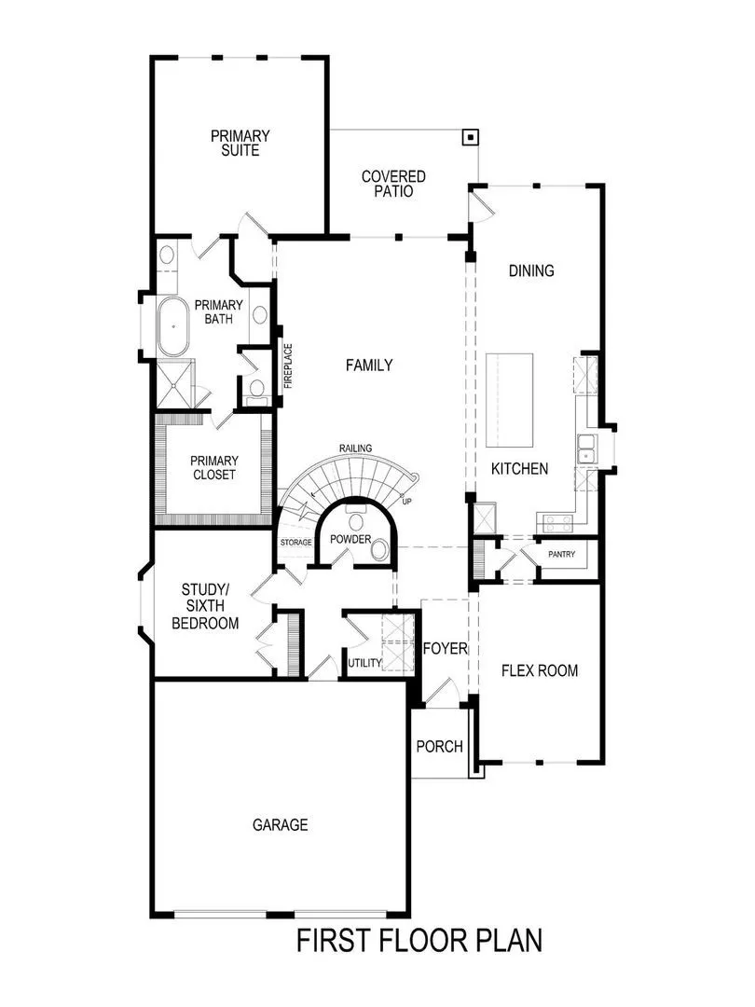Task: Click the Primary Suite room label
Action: coord(240,143)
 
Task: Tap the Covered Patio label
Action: coord(393,184)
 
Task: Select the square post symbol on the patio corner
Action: coord(472,138)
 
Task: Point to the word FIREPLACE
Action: coord(288,366)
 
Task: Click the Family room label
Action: coord(369,366)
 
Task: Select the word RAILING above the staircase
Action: coord(355,448)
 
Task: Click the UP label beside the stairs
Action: coord(406,502)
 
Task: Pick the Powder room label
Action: coord(350,540)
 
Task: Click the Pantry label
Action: coord(561,555)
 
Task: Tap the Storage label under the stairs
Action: coord(295,542)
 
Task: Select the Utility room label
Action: coord(364,663)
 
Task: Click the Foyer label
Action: coord(445,648)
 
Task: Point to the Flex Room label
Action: coord(539,670)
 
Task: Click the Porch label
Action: coord(439,746)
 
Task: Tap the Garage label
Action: coord(280,824)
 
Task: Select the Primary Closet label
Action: coord(213,467)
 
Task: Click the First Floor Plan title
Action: coord(419,941)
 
